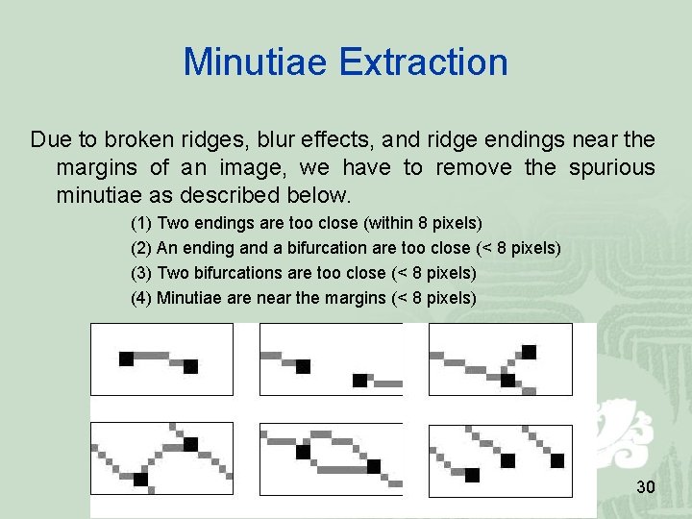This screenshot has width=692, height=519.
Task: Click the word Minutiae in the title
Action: (x=256, y=62)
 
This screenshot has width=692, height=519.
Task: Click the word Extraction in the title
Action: (x=423, y=62)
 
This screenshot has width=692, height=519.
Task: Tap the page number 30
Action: (x=646, y=488)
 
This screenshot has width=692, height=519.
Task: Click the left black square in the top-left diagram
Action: (x=126, y=358)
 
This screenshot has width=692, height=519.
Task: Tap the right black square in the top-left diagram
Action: (x=190, y=366)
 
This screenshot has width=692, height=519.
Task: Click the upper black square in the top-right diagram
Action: (x=529, y=351)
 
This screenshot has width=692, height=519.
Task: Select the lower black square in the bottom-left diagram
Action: (x=140, y=479)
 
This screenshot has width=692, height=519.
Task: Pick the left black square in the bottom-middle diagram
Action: (x=303, y=452)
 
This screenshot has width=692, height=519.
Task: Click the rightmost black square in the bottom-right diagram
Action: (x=556, y=460)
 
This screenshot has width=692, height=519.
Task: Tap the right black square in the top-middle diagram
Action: (x=359, y=381)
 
